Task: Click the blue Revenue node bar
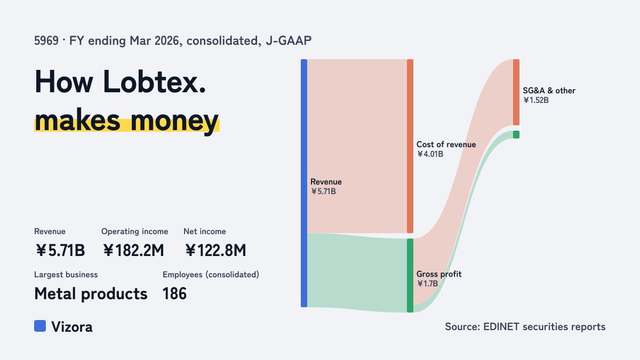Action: coord(304,183)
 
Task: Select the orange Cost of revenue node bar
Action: coord(410,146)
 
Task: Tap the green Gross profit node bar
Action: coord(410,275)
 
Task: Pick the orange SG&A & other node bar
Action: coord(516,92)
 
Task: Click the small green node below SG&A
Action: coord(516,134)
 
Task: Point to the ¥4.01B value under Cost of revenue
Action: coord(430,154)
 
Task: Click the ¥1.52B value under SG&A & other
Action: coord(535,100)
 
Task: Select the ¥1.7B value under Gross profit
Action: coord(427,284)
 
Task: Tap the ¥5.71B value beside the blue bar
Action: coord(323,191)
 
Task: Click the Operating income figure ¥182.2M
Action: coord(133,250)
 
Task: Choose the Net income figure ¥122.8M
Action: coord(215,250)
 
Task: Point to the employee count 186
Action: coord(174,294)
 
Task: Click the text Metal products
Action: coord(91,294)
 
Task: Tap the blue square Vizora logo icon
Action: coord(40,326)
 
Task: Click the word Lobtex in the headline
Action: coord(154,82)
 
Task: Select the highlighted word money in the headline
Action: coord(174,121)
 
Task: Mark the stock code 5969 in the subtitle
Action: coord(46,41)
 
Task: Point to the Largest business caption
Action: coord(66,275)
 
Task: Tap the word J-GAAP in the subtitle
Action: coord(289,41)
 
